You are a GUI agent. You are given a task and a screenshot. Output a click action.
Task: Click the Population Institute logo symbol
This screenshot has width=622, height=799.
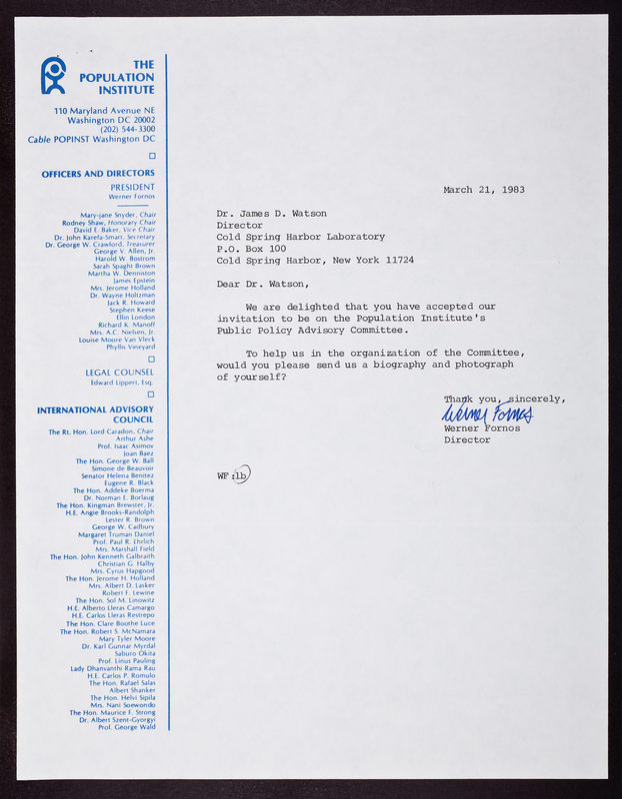pyautogui.click(x=53, y=75)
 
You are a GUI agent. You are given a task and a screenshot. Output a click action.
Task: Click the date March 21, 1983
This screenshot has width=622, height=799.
pyautogui.click(x=484, y=189)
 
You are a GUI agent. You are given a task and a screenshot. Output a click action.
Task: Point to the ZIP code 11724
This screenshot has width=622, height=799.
pyautogui.click(x=396, y=260)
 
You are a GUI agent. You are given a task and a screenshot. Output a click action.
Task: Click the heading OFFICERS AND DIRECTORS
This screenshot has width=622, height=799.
pyautogui.click(x=98, y=173)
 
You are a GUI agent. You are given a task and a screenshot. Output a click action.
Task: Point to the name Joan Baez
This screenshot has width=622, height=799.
pyautogui.click(x=138, y=453)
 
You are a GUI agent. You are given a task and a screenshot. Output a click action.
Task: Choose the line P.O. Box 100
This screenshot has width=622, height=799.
pyautogui.click(x=251, y=248)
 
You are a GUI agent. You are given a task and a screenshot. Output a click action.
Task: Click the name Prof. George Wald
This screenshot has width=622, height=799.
pyautogui.click(x=127, y=726)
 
